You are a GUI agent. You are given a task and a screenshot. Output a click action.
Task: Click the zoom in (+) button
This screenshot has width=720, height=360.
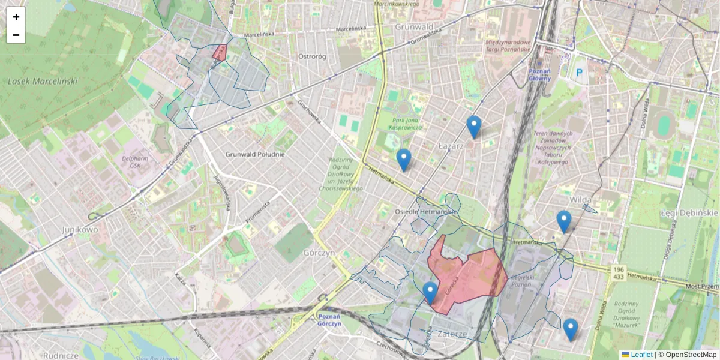point(16,17)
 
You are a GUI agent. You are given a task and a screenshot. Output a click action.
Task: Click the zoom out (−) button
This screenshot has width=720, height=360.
point(16,35)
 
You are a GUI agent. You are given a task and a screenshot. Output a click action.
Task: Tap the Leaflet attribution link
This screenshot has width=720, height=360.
point(641,355)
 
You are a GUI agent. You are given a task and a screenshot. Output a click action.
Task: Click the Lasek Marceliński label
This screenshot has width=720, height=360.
point(43,81)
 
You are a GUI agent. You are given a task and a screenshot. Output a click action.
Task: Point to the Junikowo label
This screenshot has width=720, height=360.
point(80,229)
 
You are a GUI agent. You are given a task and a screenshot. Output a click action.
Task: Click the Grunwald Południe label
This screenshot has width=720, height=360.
point(254,154)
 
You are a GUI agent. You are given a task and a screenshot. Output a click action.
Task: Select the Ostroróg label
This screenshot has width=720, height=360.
point(311,56)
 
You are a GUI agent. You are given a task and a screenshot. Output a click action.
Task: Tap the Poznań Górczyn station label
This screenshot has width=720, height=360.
point(329,320)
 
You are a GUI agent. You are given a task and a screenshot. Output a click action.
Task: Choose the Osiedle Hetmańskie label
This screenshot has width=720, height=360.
point(426,212)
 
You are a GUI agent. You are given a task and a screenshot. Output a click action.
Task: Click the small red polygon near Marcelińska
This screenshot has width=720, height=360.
point(219,52)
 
